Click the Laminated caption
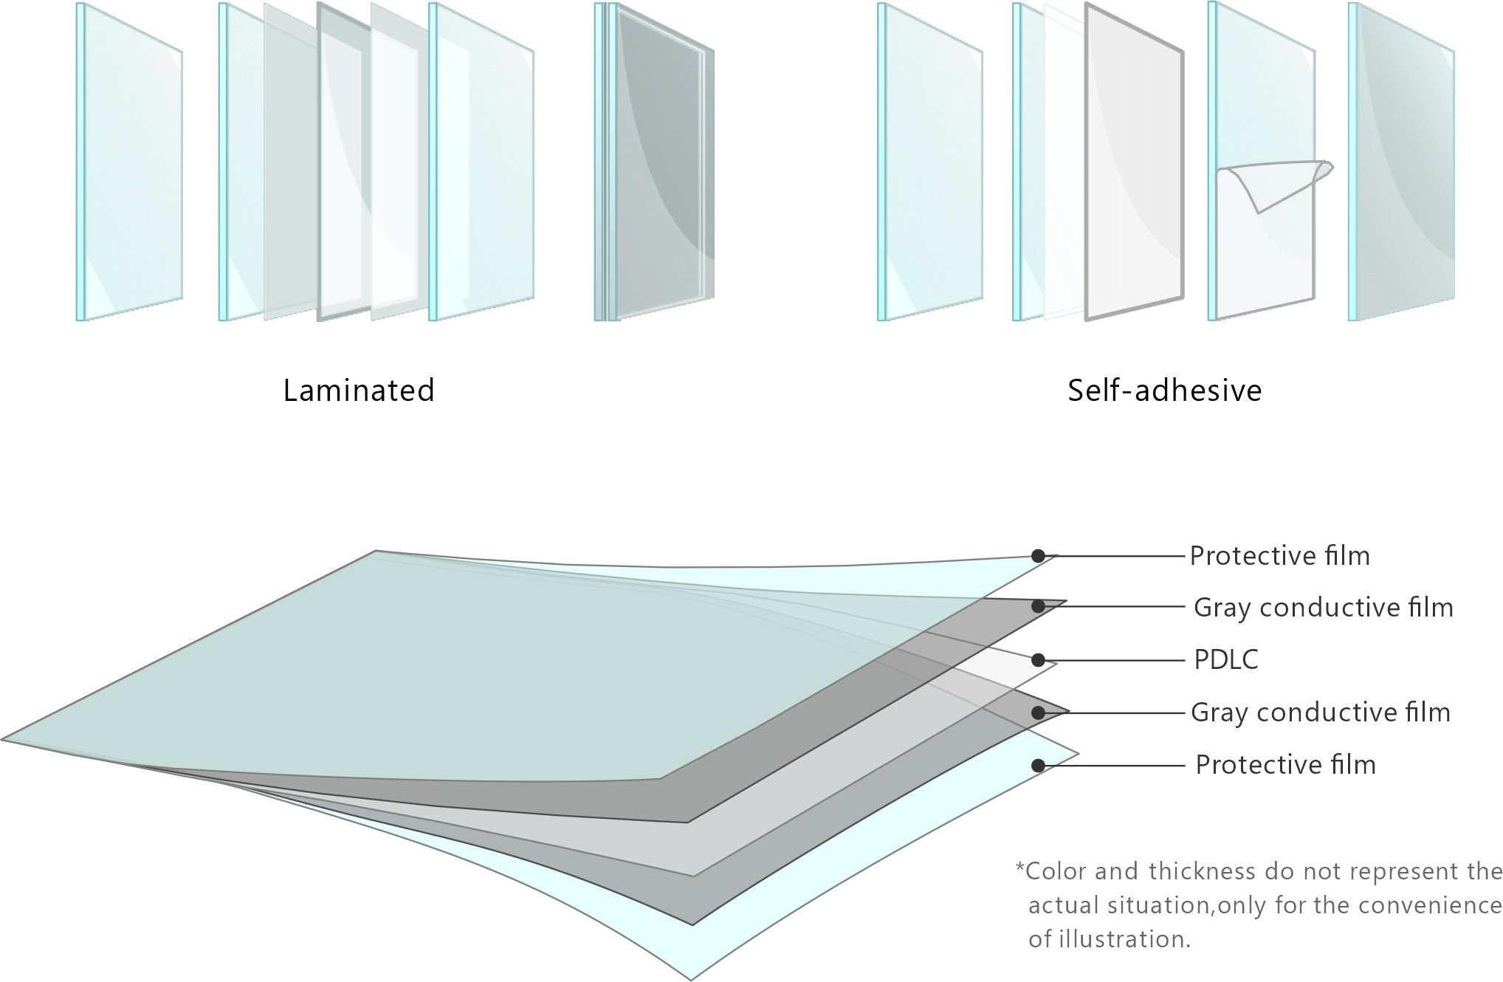[x=359, y=391]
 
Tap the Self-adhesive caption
[x=1164, y=391]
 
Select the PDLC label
[x=1225, y=660]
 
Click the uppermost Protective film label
[x=1279, y=556]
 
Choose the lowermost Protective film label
[x=1285, y=765]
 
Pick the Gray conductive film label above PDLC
[x=1323, y=608]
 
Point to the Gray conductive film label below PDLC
[x=1320, y=713]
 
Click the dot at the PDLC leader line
[x=1038, y=660]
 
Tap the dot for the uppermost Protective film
[x=1038, y=556]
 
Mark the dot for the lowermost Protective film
[x=1038, y=766]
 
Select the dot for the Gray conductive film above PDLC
[x=1038, y=606]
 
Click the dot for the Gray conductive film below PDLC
[x=1038, y=713]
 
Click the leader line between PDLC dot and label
[x=1115, y=660]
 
